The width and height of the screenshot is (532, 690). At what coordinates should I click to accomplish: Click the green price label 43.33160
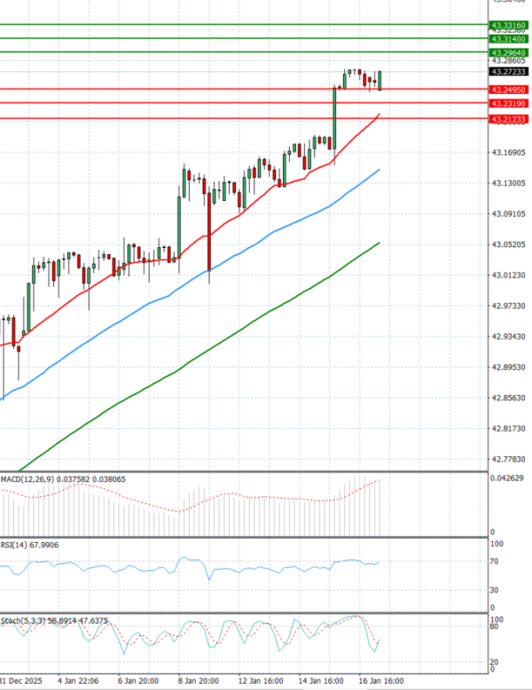tap(508, 24)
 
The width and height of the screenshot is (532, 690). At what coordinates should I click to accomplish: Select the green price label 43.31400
tap(508, 39)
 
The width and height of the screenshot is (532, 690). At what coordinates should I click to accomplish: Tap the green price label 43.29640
tap(508, 53)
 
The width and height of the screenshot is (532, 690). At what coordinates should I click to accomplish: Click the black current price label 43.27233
tap(508, 71)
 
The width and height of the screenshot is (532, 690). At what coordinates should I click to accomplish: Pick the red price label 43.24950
tap(508, 89)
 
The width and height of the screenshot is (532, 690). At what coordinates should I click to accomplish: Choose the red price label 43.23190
tap(508, 104)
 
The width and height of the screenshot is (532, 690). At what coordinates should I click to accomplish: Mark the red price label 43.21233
tap(508, 119)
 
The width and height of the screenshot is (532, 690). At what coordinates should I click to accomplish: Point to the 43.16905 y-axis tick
tap(508, 152)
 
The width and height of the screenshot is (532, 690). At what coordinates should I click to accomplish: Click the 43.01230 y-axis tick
tap(508, 275)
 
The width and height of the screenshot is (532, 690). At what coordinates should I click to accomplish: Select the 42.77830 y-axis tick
tap(508, 459)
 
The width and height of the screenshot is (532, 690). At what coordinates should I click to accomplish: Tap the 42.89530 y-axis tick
tap(508, 367)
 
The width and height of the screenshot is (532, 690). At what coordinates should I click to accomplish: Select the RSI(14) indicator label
tap(17, 546)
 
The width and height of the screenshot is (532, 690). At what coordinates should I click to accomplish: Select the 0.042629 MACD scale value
tap(508, 479)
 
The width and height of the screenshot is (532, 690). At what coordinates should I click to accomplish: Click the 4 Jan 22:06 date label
tap(78, 681)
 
